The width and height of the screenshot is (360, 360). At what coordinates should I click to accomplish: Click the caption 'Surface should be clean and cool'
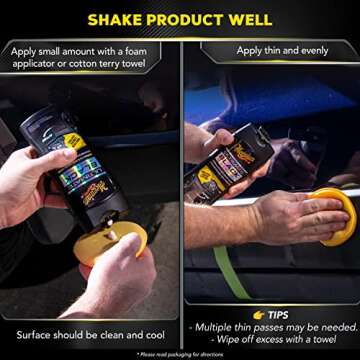coord(90,334)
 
